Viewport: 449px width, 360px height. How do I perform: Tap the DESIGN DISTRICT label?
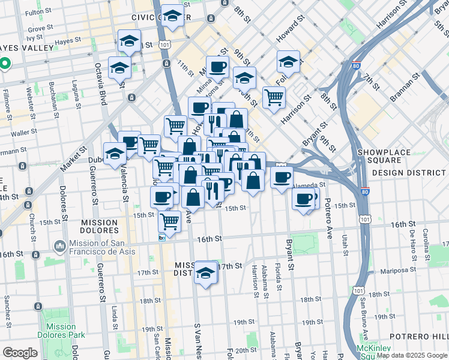coord(410,172)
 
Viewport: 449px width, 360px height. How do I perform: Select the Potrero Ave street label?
coord(328,218)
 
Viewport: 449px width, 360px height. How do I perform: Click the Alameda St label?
coord(312,185)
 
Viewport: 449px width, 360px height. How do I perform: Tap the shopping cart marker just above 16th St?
coord(170,220)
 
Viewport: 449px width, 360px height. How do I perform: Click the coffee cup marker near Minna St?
coord(217,67)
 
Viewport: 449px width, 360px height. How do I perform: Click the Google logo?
coord(20,353)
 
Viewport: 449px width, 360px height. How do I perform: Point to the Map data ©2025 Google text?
coord(411,355)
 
